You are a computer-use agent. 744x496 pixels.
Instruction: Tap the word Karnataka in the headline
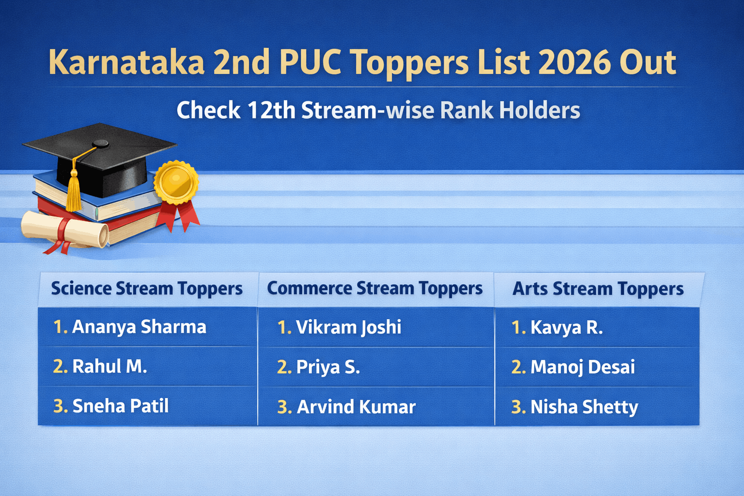coord(126,62)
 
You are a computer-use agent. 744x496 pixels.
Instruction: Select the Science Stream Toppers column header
coord(147,289)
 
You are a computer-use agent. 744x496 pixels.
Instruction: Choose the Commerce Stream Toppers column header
coord(375,289)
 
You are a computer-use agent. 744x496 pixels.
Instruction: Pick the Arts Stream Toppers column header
coord(598,289)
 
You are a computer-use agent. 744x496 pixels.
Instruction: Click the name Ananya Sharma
coord(139,327)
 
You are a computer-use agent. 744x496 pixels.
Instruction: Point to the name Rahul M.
coord(109,367)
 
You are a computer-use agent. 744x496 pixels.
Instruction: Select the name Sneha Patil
coord(120,406)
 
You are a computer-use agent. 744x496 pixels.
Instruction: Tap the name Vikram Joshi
coord(348,327)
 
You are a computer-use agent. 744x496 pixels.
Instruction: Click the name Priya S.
coord(328,367)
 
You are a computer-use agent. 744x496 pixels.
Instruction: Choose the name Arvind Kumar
coord(356,407)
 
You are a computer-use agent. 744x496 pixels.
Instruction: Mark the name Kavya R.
coord(566,328)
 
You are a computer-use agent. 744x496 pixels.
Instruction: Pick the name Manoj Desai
coord(582,367)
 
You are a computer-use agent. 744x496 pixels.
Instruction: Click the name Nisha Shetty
coord(584,407)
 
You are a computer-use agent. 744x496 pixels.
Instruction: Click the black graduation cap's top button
coord(101,143)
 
